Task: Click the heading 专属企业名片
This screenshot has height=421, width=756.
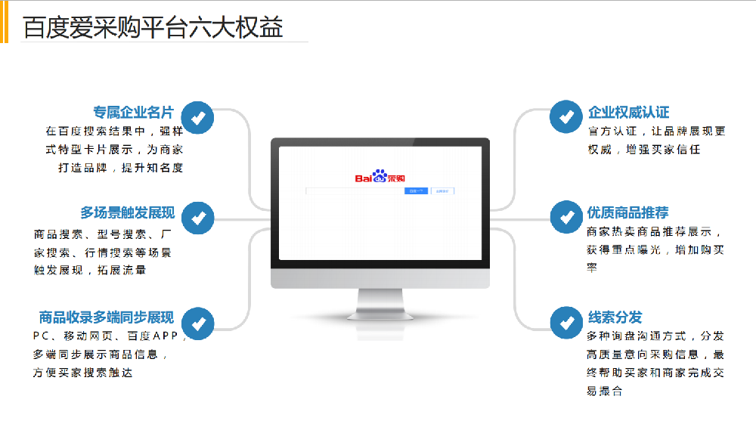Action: click(x=133, y=113)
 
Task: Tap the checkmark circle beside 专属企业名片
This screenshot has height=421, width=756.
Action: click(x=199, y=117)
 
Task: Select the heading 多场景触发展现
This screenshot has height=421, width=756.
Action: click(x=127, y=212)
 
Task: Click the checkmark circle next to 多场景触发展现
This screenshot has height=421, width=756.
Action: click(x=199, y=218)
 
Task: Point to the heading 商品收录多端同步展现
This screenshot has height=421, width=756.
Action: click(x=106, y=317)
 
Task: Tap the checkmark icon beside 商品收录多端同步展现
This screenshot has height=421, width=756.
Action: click(x=199, y=323)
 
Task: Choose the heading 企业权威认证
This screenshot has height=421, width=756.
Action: click(x=628, y=112)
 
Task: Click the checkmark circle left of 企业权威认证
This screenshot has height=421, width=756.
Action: click(x=565, y=116)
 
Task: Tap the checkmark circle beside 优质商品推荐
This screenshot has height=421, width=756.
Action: click(x=565, y=217)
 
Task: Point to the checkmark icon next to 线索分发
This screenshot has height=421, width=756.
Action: click(x=565, y=323)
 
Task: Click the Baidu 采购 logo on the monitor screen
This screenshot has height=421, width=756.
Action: click(x=380, y=178)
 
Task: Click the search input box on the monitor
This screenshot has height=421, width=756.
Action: click(x=355, y=191)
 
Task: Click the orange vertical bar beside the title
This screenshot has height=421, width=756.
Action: click(x=4, y=21)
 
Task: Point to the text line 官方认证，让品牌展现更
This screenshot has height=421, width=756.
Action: click(x=655, y=132)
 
